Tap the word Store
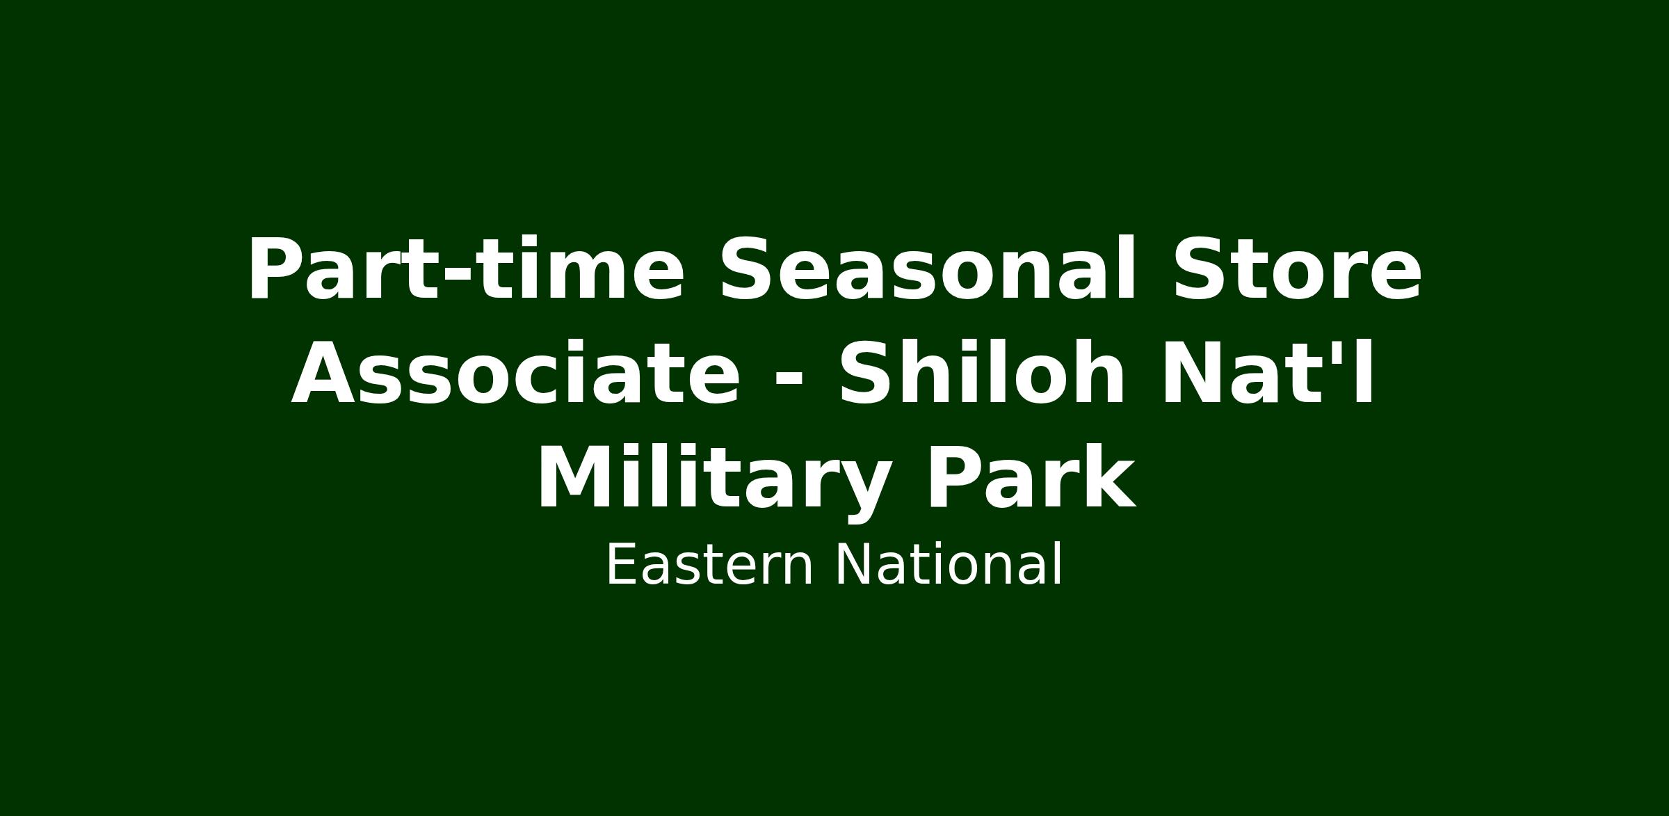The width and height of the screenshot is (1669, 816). point(1297,269)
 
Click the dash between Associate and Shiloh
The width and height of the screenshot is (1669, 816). point(789,382)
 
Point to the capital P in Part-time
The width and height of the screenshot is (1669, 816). point(277,269)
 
